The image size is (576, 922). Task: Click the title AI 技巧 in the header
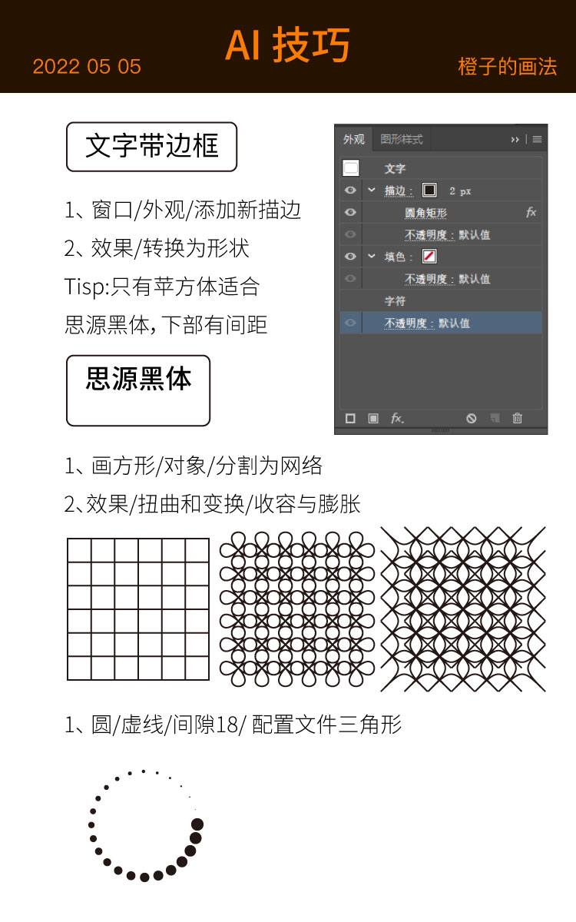coord(287,45)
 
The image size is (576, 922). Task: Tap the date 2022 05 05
coord(87,67)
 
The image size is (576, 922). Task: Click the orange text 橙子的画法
coord(508,67)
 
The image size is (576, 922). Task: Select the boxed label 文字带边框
coord(151,147)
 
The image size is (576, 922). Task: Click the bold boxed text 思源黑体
coord(139,379)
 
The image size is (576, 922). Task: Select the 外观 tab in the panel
coord(354,140)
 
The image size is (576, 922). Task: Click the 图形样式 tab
coord(401,140)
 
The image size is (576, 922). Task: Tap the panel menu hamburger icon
coord(537,140)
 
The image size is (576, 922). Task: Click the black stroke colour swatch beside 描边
coord(429,191)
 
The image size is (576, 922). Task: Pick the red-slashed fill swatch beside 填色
coord(429,257)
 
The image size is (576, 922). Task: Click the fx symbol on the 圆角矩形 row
coord(531,212)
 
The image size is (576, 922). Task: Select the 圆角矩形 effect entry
coord(425,213)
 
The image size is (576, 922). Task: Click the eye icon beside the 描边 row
coord(350,191)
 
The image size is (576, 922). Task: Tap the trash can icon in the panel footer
coord(517,418)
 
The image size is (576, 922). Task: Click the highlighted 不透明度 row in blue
coord(441,323)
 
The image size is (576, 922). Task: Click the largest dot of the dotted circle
coord(197,824)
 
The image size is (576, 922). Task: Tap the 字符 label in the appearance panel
coord(395,301)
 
